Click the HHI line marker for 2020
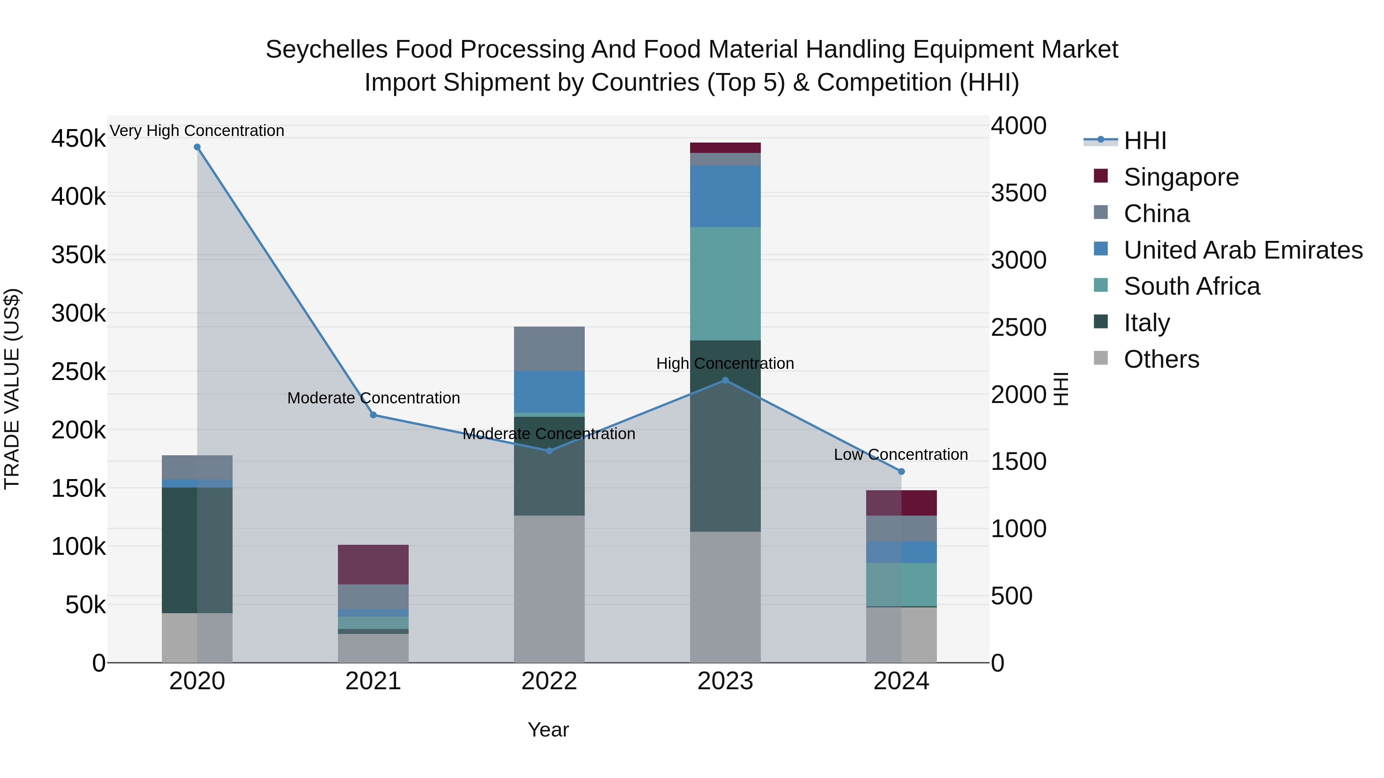click(x=197, y=147)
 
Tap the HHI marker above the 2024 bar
click(x=902, y=471)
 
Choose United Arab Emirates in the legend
click(x=1243, y=250)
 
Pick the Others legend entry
click(x=1161, y=359)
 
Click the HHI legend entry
click(x=1144, y=141)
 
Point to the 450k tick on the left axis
click(x=78, y=139)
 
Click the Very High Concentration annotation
click(x=197, y=131)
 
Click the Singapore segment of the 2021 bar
click(x=373, y=564)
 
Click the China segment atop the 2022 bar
click(x=549, y=348)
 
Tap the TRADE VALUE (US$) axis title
click(x=12, y=389)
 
